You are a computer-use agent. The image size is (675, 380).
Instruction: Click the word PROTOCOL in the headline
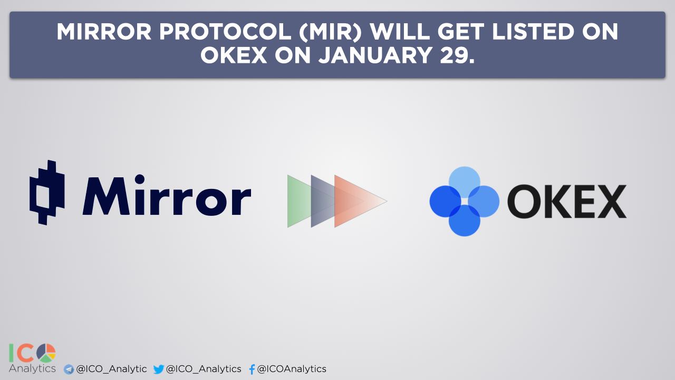click(225, 32)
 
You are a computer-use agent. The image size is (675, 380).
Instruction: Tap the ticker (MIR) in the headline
click(330, 32)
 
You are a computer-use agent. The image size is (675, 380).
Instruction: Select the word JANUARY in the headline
click(375, 55)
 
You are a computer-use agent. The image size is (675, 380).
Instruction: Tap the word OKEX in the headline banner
click(234, 55)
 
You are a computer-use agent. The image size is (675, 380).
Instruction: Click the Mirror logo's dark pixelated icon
click(47, 193)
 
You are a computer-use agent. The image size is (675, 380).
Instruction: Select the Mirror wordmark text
click(167, 195)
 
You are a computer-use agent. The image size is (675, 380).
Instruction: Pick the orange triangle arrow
click(355, 201)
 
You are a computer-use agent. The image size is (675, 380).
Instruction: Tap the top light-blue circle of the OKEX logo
click(465, 182)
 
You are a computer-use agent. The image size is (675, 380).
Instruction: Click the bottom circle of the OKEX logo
click(465, 221)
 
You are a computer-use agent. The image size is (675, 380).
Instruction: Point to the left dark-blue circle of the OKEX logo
click(446, 201)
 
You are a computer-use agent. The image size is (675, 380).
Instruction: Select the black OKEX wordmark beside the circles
click(567, 201)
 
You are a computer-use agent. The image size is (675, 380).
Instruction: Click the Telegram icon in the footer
click(69, 369)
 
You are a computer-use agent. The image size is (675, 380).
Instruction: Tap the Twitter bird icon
click(159, 369)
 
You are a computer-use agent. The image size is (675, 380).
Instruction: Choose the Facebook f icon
click(252, 369)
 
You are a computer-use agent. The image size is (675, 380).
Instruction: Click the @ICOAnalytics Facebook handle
click(292, 369)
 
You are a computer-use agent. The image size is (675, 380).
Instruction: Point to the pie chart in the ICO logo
click(46, 353)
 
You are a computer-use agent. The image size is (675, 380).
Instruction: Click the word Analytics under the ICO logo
click(32, 369)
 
